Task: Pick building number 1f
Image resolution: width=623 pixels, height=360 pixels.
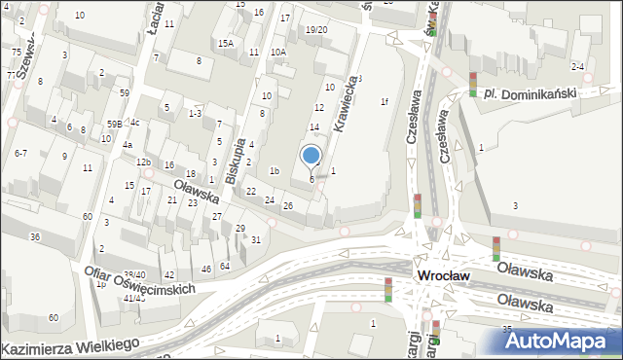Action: (385, 101)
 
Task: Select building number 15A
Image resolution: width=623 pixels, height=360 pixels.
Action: (226, 44)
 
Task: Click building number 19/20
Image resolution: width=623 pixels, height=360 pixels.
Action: (316, 30)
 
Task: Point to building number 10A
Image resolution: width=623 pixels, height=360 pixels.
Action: (277, 53)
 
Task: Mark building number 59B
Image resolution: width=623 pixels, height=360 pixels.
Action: (115, 124)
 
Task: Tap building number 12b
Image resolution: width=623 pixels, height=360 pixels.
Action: (143, 162)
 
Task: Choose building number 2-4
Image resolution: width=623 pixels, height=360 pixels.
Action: (577, 66)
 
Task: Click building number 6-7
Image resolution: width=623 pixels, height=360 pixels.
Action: (20, 153)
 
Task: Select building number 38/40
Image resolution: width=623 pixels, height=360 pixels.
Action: (134, 275)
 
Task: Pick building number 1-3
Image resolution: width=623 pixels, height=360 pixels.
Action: (195, 114)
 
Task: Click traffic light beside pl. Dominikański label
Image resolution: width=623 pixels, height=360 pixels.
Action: (473, 85)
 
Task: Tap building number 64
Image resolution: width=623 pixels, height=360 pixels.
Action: (225, 266)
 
